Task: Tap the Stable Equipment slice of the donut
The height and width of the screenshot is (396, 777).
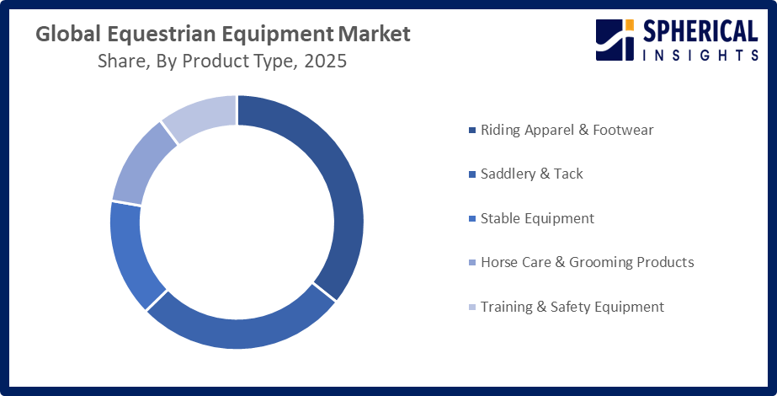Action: point(130,253)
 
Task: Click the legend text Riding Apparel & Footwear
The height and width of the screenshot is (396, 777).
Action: point(567,130)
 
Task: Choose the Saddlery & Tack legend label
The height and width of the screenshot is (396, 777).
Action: point(531,174)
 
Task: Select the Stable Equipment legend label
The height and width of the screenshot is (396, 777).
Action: point(537,218)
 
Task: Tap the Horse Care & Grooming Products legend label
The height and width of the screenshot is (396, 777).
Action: point(587,262)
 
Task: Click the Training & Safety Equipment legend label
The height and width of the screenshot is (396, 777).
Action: point(572,307)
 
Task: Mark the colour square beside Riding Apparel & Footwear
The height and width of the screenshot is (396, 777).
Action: point(471,131)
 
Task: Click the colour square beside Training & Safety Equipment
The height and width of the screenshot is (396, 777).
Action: point(471,308)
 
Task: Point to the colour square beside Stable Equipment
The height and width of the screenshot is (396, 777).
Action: point(471,219)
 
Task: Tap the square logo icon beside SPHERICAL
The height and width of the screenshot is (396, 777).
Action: point(615,40)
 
